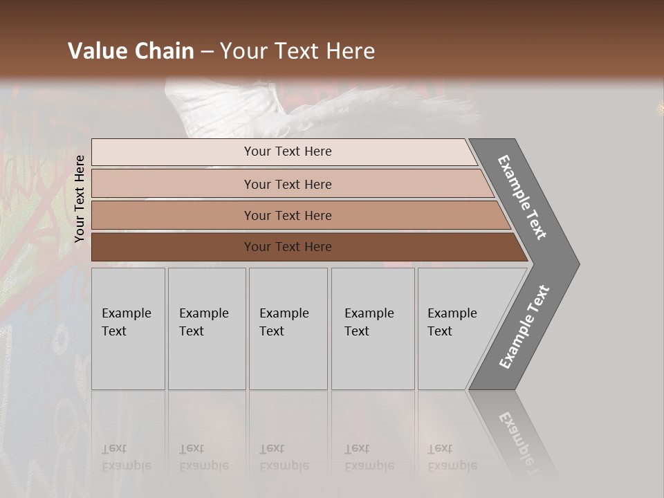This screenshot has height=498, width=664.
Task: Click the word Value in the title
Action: [x=98, y=51]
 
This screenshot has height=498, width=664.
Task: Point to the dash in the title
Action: [x=207, y=52]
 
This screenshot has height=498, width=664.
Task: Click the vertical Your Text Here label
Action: [x=80, y=199]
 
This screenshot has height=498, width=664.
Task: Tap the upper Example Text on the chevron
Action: [x=522, y=197]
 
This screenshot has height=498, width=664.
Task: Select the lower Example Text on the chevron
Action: [x=524, y=327]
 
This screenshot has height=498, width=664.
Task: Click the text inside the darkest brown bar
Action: [x=288, y=247]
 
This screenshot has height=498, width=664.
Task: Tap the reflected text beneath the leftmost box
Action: [x=127, y=457]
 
